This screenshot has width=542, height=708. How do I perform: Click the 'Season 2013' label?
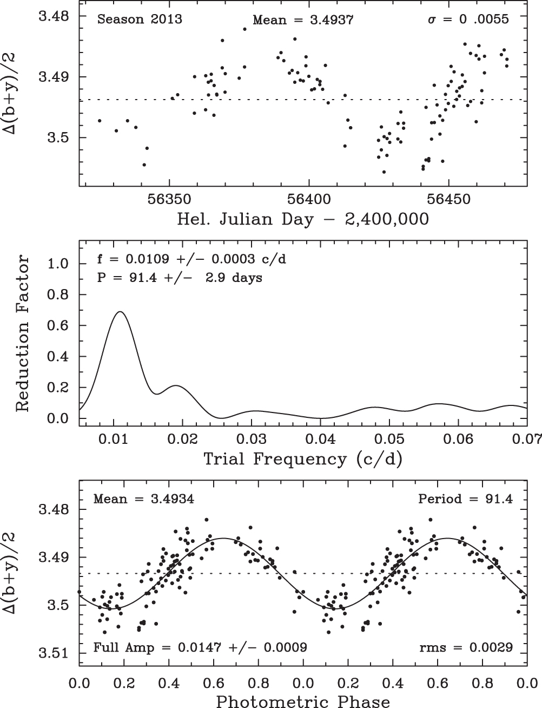click(140, 20)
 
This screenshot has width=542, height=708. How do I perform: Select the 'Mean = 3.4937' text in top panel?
click(303, 21)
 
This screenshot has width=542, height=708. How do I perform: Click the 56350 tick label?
click(169, 199)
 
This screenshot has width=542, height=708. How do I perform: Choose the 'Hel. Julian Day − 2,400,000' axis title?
click(303, 219)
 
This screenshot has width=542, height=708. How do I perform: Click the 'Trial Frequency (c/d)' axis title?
click(303, 459)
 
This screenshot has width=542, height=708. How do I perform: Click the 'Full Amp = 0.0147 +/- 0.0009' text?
click(201, 647)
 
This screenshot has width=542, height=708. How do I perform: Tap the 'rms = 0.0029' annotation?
click(466, 647)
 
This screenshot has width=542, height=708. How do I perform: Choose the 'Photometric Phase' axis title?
click(303, 702)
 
